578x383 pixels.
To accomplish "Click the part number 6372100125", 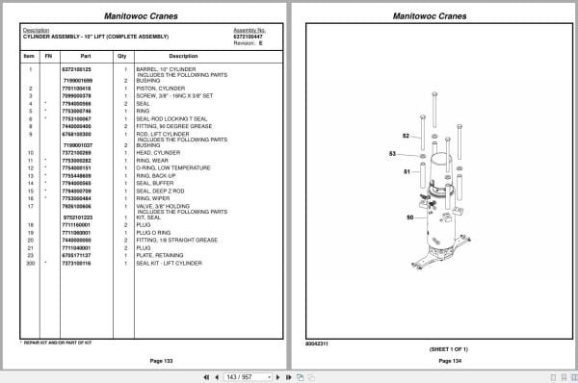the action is [76, 69].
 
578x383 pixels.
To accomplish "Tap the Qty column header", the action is [122, 57].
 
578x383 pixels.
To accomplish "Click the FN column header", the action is [47, 57].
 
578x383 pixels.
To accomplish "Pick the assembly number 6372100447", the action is [249, 36].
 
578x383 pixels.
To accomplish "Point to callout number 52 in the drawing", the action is [406, 136].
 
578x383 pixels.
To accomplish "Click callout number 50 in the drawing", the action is [409, 217].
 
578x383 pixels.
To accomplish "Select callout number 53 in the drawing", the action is [392, 154].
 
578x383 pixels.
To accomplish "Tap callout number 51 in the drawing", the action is [407, 171].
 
